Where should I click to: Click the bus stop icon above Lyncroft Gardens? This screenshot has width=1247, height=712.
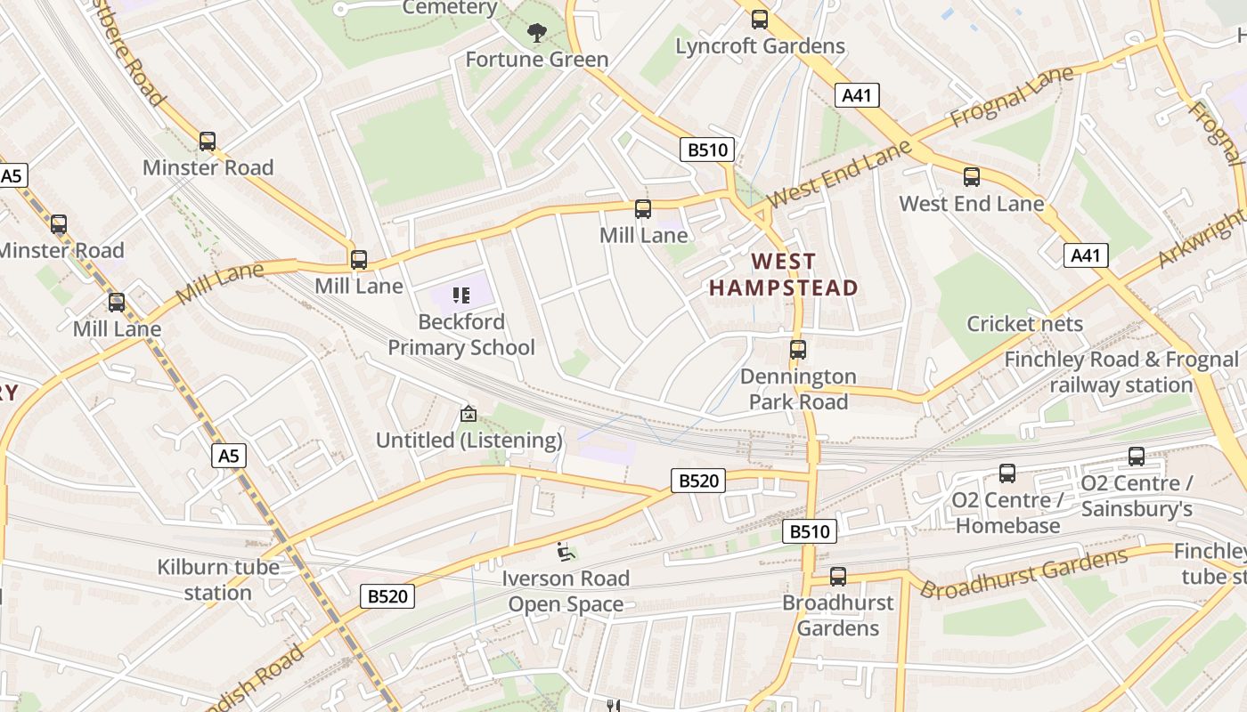coord(760,19)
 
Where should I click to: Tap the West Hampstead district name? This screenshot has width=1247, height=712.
coord(783,274)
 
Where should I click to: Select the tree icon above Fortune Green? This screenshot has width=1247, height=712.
coord(536,33)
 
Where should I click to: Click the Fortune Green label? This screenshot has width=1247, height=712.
coord(537,60)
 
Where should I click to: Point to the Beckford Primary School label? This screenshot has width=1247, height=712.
coord(461,335)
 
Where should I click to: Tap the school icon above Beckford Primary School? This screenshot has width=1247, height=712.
coord(460,295)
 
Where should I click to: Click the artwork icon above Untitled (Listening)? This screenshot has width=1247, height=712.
coord(468,414)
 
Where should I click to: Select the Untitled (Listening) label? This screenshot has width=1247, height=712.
coord(469,440)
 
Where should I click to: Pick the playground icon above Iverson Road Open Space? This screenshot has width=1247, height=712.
coord(565,553)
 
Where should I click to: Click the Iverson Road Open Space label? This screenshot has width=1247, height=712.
coord(566,591)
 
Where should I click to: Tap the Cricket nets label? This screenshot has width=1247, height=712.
coord(1024,323)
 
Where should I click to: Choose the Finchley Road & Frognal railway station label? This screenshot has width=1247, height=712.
coord(1121,372)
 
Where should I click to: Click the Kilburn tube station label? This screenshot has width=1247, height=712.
coord(218,579)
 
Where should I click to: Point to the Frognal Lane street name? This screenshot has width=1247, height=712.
coord(1013,99)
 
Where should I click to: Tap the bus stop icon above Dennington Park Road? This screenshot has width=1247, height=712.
coord(798,350)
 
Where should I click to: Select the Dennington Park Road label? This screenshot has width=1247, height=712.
coord(798,389)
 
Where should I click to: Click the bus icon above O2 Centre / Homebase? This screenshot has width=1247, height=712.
coord(1007,473)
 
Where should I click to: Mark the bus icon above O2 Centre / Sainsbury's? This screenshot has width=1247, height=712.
coord(1137,457)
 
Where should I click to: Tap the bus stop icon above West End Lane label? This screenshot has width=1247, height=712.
coord(972,177)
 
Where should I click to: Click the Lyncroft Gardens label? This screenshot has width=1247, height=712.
coord(760,45)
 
